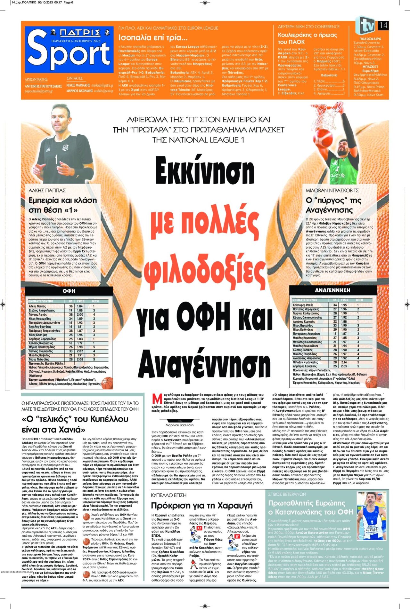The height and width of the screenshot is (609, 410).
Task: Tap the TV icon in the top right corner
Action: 365,25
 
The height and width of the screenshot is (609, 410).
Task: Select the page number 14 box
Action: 383,25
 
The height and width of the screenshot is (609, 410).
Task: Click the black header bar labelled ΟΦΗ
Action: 69,291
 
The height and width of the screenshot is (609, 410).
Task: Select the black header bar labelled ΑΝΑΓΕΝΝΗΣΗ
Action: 332,290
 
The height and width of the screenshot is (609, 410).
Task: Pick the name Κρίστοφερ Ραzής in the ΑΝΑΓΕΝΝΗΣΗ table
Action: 303,305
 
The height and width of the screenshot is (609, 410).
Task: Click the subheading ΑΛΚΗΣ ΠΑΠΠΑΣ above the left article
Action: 47,190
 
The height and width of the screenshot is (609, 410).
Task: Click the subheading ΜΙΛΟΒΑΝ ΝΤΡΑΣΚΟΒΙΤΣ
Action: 332,190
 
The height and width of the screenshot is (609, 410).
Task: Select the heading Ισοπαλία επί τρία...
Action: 153,38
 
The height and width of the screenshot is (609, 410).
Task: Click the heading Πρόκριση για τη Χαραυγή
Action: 202,505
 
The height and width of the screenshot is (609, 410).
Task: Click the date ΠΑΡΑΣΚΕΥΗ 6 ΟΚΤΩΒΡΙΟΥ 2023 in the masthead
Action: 76,41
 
